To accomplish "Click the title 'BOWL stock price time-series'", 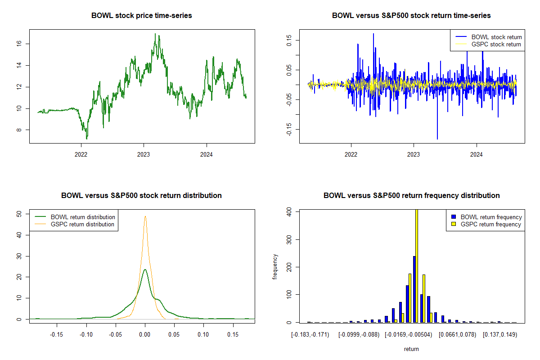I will (142, 15).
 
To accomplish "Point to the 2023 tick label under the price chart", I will (144, 153).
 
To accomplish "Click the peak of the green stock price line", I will (155, 34).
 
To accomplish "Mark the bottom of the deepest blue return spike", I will (437, 139).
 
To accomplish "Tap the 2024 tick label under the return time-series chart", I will (476, 153).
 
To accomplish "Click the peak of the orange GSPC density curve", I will (145, 216).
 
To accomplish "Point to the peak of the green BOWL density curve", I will (145, 270).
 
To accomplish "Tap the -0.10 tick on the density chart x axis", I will (86, 334).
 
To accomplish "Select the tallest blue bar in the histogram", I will (414, 289).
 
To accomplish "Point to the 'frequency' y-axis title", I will (275, 267).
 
